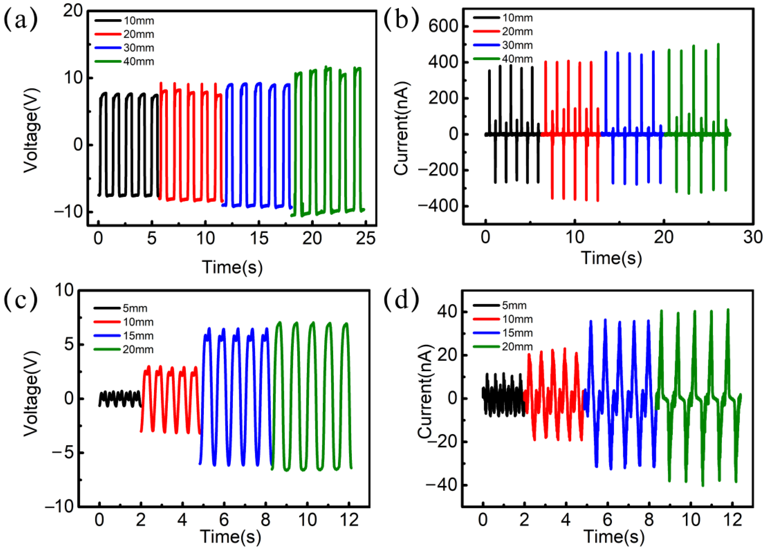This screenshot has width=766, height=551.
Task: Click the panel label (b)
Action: tap(401, 20)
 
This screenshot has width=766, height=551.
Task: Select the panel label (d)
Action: tap(401, 299)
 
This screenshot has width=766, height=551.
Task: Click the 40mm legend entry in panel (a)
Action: tap(139, 61)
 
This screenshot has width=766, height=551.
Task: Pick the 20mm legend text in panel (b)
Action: tap(517, 32)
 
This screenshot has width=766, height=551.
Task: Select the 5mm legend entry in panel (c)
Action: tap(135, 308)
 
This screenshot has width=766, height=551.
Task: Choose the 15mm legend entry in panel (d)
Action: tap(517, 333)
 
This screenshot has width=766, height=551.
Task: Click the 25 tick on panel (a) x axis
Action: tap(365, 239)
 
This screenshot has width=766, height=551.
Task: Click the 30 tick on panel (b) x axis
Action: tap(753, 237)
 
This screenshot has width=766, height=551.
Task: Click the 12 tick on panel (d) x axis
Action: tap(732, 520)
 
